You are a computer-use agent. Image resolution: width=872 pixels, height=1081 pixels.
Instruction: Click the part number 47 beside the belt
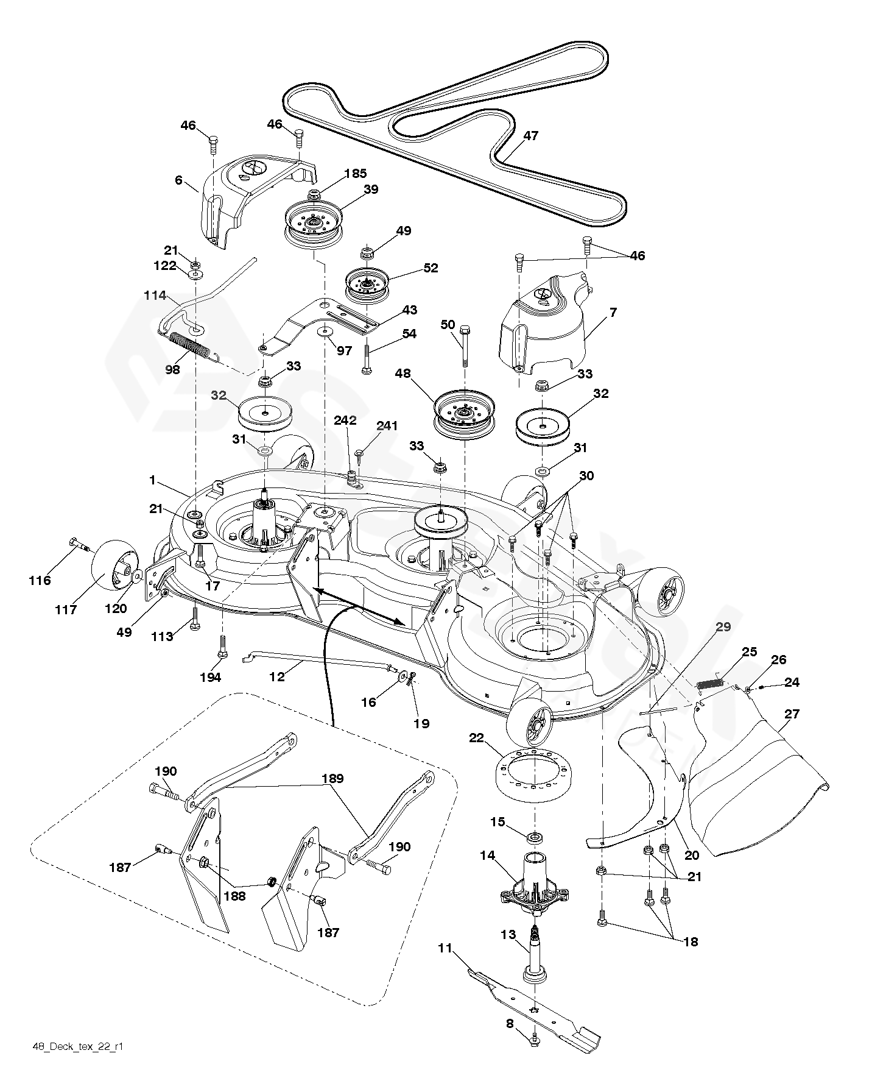531,135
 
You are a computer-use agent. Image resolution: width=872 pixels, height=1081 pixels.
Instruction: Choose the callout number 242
345,420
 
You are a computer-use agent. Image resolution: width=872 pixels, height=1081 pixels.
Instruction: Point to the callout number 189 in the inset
333,778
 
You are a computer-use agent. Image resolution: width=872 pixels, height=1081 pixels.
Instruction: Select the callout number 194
211,677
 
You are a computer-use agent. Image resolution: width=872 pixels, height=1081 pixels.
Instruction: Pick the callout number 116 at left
40,580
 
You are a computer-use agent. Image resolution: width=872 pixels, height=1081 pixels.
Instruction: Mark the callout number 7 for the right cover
613,313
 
